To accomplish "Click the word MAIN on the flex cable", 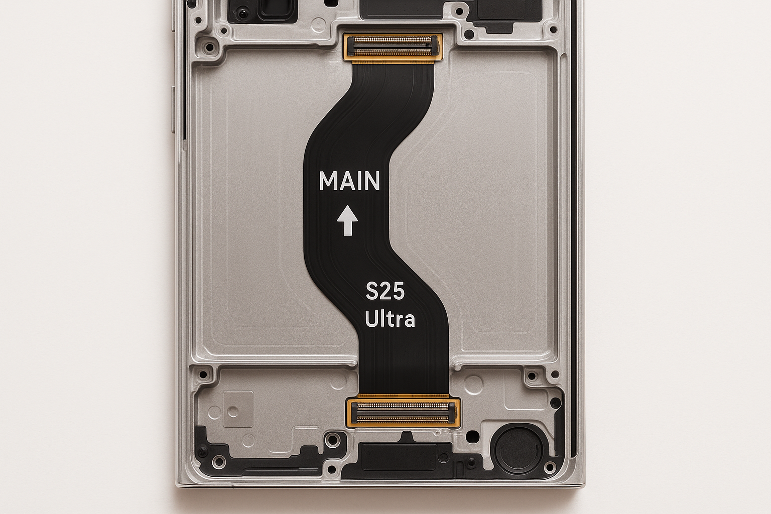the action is click(349, 181).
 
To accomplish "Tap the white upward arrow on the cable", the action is click(347, 220).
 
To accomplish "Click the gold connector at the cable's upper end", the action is click(393, 47).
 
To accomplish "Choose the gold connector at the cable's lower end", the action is click(404, 413).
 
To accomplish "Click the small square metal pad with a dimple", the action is click(238, 409).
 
